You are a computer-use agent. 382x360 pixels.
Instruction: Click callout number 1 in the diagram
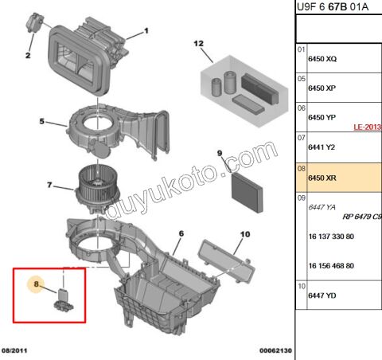pos(146,32)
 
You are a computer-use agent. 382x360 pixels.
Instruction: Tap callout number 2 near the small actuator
pos(27,55)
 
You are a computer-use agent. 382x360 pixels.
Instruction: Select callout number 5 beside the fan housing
pos(41,122)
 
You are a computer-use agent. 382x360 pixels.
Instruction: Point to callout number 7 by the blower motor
pos(49,186)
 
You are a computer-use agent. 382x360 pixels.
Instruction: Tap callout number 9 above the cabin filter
pos(220,152)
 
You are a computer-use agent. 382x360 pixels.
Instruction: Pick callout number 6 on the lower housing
pos(181,233)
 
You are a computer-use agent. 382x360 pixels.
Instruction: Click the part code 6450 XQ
pos(322,60)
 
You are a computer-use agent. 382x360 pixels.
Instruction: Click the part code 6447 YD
pos(322,296)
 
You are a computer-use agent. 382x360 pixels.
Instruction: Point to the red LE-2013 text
pos(368,127)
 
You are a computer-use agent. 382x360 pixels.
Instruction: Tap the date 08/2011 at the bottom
pos(17,349)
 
